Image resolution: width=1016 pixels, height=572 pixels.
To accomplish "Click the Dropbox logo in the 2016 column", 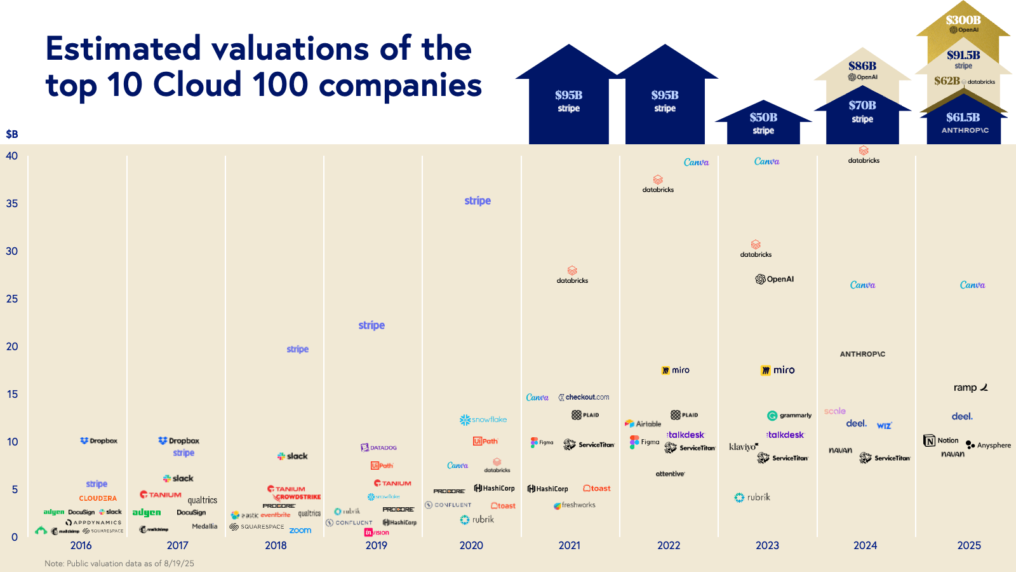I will click(x=99, y=440).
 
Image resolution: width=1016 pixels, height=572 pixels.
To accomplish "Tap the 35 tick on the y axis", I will click(x=12, y=203).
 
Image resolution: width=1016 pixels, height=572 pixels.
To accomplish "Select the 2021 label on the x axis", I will click(x=569, y=545).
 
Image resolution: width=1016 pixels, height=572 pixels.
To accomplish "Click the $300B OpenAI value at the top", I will click(x=963, y=20).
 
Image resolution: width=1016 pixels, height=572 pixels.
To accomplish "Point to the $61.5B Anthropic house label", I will click(x=963, y=118).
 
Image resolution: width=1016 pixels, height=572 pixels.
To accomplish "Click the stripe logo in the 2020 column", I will click(x=478, y=201).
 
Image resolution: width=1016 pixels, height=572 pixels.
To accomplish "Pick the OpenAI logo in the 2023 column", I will click(x=775, y=279).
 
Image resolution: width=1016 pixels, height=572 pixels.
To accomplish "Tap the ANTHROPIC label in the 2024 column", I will click(x=862, y=354).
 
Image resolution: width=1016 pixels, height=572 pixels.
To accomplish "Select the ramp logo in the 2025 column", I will click(x=970, y=388).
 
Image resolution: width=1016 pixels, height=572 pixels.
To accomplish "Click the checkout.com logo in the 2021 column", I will click(x=584, y=397).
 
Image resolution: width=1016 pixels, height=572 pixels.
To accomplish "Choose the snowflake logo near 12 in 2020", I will click(x=483, y=419).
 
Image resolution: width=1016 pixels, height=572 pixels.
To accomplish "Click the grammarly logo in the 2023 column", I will click(x=789, y=416).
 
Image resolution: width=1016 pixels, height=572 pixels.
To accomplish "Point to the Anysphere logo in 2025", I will click(x=989, y=445).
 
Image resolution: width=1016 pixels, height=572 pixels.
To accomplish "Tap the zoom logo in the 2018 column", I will click(x=300, y=530).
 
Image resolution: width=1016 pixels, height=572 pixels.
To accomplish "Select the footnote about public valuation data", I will click(x=119, y=563).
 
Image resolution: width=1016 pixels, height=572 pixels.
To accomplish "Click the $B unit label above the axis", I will click(x=12, y=134).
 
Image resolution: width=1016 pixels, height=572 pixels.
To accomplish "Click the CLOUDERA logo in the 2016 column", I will click(x=98, y=498).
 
